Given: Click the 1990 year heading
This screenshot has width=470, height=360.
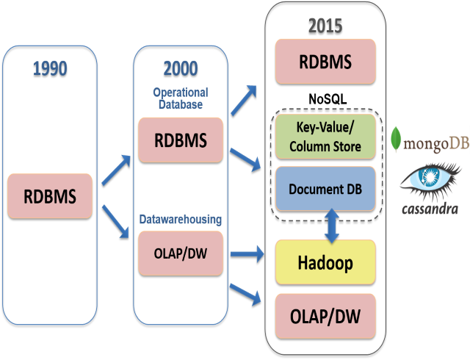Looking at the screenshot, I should pos(50,69).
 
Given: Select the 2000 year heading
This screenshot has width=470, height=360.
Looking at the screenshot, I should pos(180,68).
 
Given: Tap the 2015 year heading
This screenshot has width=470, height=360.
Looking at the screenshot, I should pos(325,26).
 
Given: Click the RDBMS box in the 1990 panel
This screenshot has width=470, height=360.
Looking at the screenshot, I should pos(50,196).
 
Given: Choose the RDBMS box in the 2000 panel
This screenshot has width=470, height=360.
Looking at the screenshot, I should pos(180,140).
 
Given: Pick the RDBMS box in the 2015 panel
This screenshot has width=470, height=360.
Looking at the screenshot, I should pos(325,61).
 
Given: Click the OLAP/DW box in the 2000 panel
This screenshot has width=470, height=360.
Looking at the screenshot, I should pos(180,253).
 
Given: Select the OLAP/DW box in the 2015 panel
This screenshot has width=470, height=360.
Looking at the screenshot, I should pos(325,316).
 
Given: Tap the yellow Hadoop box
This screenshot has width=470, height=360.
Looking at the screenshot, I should pos(325,262).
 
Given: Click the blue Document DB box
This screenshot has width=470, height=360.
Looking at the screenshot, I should pos(325,189).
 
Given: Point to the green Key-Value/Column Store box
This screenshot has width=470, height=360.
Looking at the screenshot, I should pos(325,137).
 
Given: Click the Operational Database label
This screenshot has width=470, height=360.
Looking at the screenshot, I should pos(180,98).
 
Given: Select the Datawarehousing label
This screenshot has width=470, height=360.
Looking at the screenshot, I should pos(180,219).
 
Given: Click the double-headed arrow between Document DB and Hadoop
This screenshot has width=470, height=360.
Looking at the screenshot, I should pos(331,224).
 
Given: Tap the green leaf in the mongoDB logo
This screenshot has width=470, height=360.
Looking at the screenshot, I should pos(397,140).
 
